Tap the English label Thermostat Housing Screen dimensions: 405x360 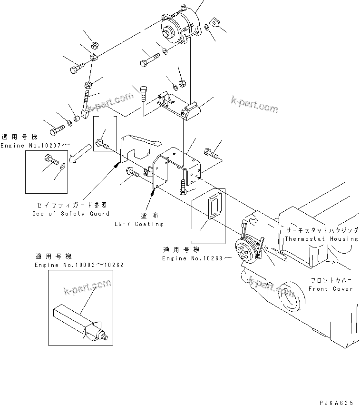(x=321, y=239)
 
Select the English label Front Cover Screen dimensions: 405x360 (x=331, y=289)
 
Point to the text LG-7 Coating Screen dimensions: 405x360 (x=138, y=224)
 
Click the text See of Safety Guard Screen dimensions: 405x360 (x=71, y=214)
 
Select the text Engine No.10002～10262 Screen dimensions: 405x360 (x=79, y=265)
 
